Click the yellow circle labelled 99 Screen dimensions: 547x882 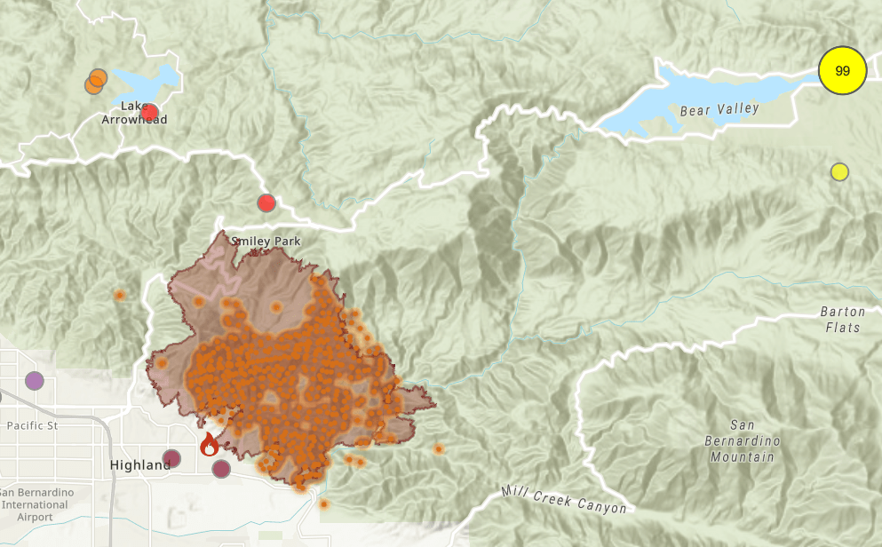842,71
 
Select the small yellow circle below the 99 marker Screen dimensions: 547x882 839,171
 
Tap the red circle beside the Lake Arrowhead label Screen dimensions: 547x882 149,113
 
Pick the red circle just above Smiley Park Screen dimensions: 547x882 266,202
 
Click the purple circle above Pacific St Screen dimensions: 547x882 34,381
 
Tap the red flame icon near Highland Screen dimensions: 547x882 209,444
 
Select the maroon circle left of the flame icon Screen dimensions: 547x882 172,459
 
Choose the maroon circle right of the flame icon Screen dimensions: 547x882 221,468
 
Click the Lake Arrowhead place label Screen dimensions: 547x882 131,113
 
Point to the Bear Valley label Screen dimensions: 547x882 719,109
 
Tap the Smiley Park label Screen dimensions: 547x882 266,242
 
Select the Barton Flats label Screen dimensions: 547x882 841,320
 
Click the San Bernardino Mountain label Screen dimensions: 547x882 742,440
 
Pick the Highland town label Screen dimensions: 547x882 139,465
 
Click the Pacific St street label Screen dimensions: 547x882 32,426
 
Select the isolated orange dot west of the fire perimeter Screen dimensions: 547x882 119,295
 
